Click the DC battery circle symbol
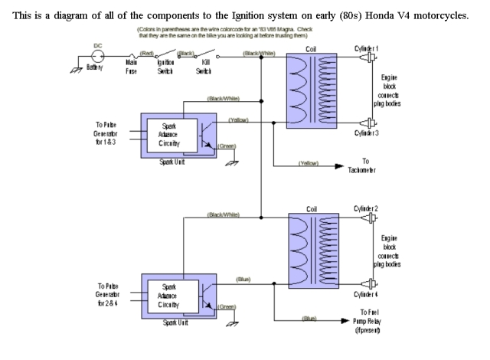pos(97,57)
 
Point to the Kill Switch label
pos(206,72)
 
